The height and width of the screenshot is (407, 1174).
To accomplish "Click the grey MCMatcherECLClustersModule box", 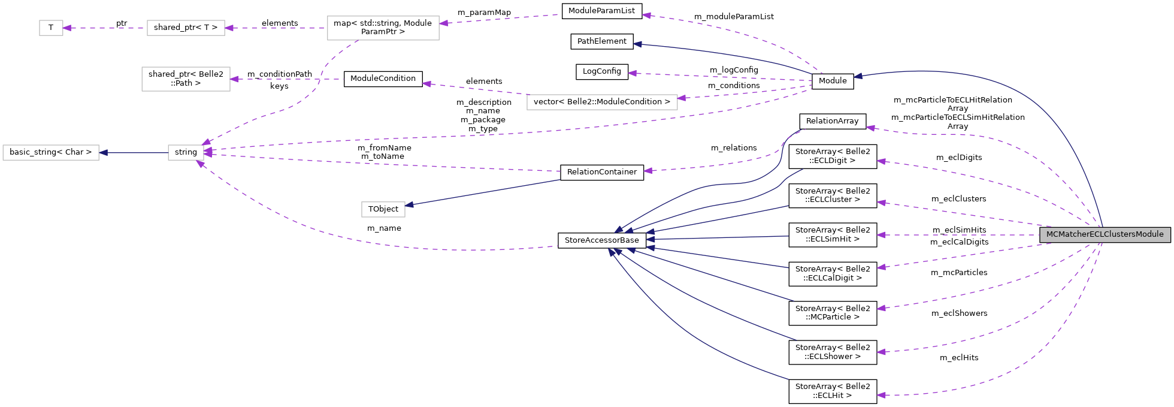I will coord(1105,234).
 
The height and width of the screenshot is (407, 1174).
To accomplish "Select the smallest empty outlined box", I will coord(51,28).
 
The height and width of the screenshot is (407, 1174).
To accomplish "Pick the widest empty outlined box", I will coord(602,102).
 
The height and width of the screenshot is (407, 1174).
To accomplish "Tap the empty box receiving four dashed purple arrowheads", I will coord(186,153).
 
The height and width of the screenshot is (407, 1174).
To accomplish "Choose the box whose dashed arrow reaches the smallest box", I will coord(186,28).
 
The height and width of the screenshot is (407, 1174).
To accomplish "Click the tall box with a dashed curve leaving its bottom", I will coord(383,28).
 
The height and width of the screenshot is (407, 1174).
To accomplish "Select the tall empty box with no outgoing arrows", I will coord(186,79).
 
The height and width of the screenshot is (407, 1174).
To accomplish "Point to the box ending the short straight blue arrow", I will coord(51,153).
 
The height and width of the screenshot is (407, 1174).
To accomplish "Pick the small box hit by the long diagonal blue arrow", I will coord(383,210).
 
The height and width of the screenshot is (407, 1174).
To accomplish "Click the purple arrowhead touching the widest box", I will coord(682,98).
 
